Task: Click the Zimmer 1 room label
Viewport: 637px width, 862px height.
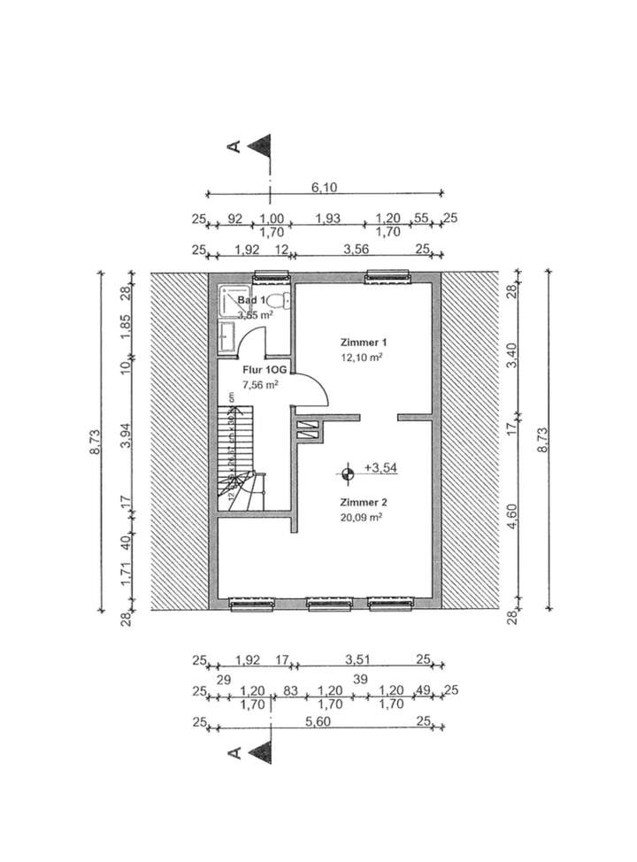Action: [365, 342]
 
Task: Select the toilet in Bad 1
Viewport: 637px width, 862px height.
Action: [280, 299]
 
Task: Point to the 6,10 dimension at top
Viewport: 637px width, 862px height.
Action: [324, 187]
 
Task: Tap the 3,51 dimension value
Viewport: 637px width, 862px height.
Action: [357, 658]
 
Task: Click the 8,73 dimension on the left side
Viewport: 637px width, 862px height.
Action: [95, 440]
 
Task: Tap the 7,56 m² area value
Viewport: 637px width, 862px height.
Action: [260, 385]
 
